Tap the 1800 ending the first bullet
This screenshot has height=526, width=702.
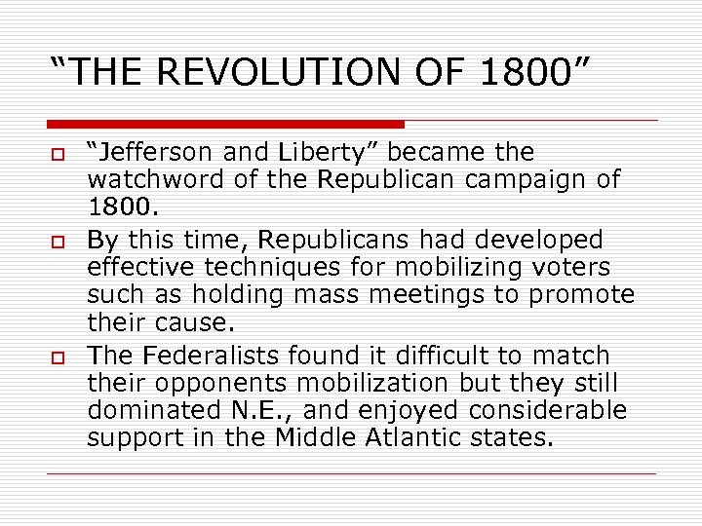[x=118, y=207]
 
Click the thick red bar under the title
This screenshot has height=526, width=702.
[x=225, y=125]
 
